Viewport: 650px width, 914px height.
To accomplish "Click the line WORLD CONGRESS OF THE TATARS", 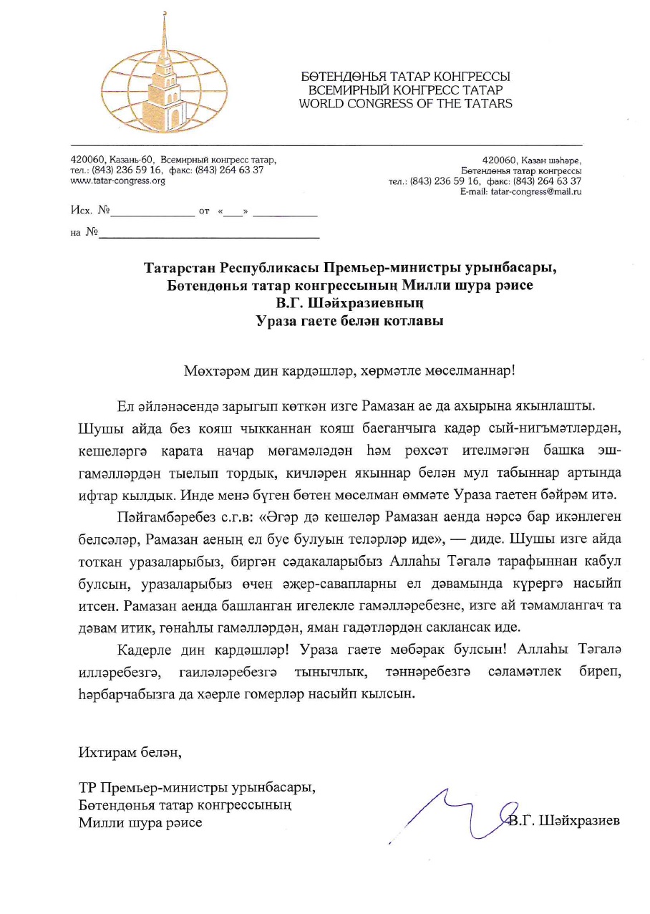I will (x=405, y=103).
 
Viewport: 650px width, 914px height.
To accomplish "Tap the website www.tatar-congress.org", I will (x=117, y=181).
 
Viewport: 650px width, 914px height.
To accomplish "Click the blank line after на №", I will (x=208, y=234).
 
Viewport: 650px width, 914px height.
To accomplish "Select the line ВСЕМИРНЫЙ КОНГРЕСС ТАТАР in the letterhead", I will (x=405, y=90).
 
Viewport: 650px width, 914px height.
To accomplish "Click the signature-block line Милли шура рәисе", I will (x=140, y=822).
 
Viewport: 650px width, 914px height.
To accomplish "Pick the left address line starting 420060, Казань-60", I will (x=173, y=160).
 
